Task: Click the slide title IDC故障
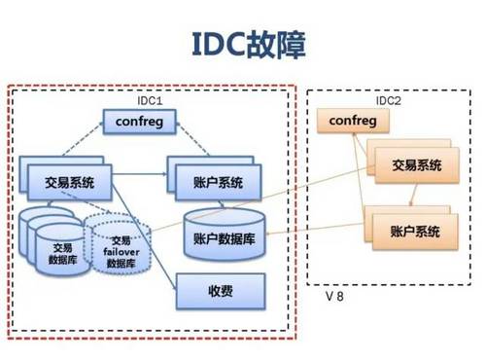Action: [x=243, y=44]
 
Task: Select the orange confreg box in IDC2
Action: [x=352, y=120]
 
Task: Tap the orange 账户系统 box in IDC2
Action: [x=406, y=231]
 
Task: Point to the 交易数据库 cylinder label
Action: [x=60, y=253]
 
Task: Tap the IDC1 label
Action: [x=151, y=100]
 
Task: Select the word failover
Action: [x=121, y=251]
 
